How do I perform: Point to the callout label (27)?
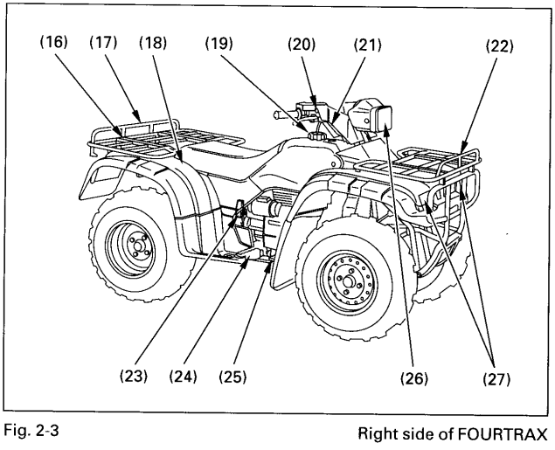[x=495, y=379]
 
